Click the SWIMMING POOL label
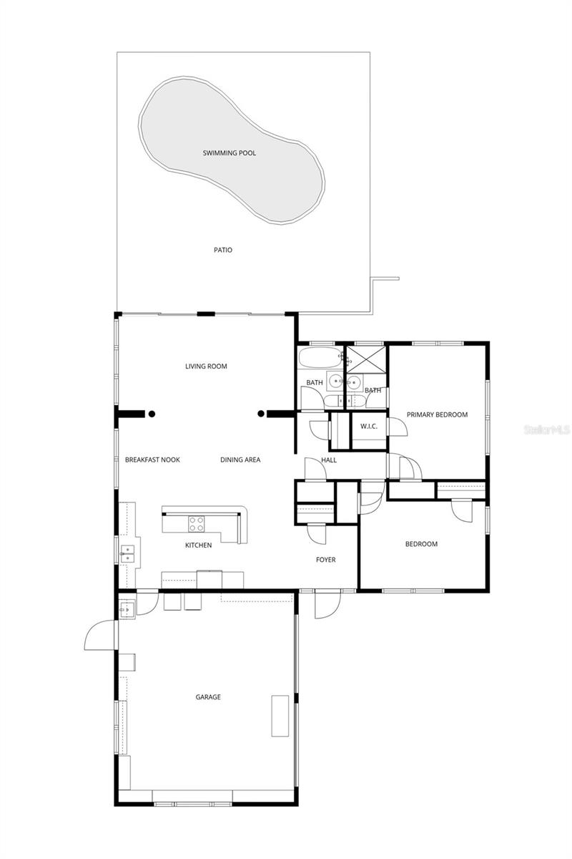coord(229,153)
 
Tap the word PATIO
coord(223,250)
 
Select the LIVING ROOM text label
coord(206,367)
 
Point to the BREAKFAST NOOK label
coord(152,460)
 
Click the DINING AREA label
coord(240,460)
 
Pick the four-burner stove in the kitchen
coord(196,524)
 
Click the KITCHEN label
coord(198,545)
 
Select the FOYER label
coord(326,560)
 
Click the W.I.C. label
coord(369,427)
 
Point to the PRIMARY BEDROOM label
coord(437,414)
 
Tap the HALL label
coord(329,460)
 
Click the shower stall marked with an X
coord(366,361)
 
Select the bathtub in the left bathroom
coord(319,357)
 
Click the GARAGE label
coord(208,697)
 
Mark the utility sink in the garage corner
coord(127,609)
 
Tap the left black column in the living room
coord(152,413)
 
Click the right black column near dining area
coord(261,413)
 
